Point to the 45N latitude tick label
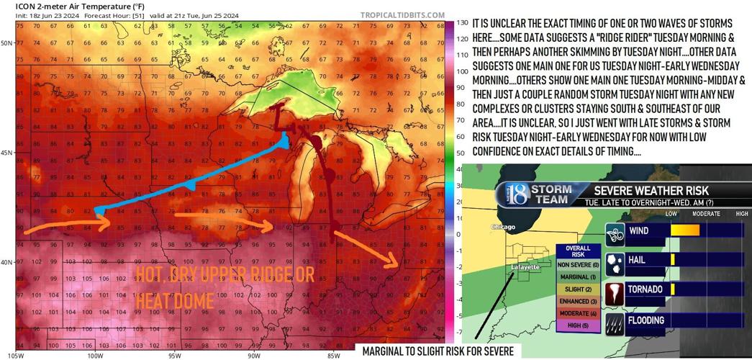click(x=6, y=153)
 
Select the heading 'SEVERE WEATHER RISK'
click(x=651, y=190)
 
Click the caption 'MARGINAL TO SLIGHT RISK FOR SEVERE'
click(x=438, y=351)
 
